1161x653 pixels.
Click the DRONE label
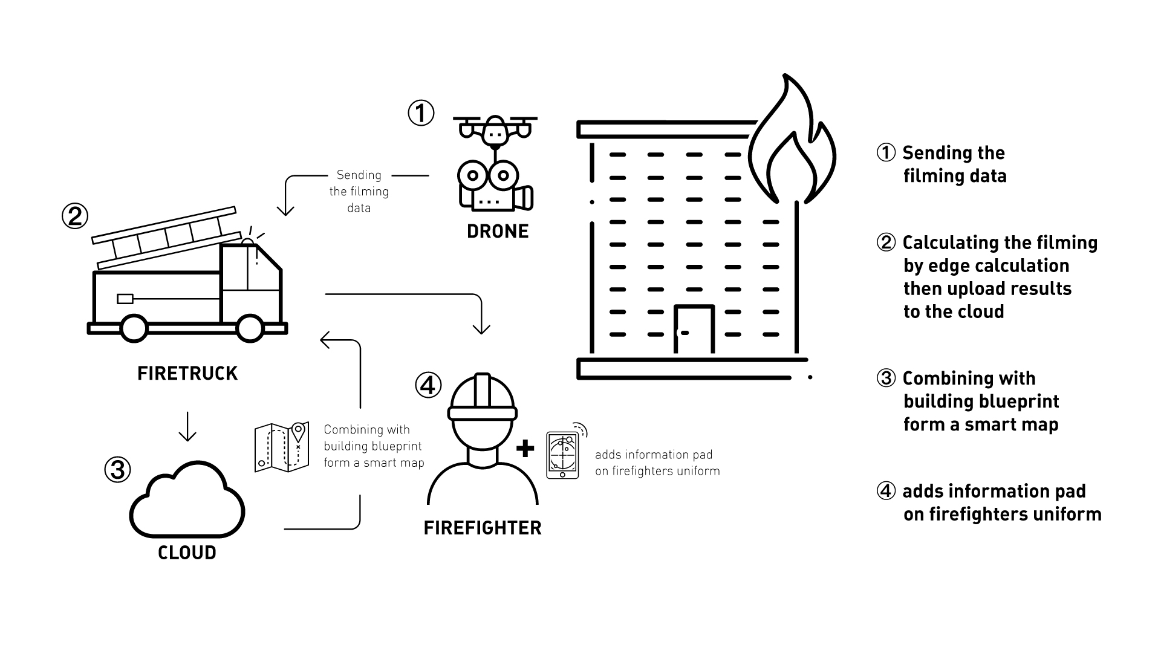coord(498,231)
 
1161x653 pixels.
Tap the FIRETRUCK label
coord(187,373)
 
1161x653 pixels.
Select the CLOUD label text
coord(187,552)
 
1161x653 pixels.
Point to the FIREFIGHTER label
coord(483,528)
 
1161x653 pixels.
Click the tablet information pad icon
coord(562,455)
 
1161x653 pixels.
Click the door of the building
coord(694,329)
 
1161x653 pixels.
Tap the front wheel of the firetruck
coord(249,328)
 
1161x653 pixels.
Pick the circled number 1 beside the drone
coord(421,113)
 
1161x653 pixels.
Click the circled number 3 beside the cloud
coord(117,469)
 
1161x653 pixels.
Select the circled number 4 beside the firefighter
coord(428,385)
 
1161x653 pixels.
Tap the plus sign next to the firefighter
coord(525,448)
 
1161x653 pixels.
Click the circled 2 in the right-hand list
coord(886,242)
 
